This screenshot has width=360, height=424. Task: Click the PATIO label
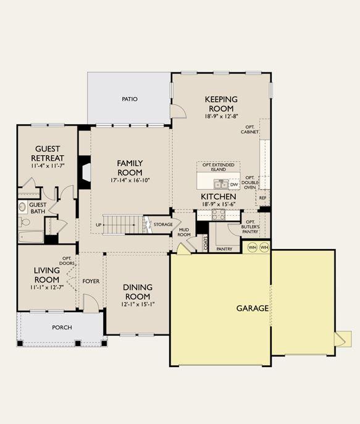(130, 100)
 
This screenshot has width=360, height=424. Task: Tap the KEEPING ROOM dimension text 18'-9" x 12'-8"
(221, 116)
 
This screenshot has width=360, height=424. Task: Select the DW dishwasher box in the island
(234, 185)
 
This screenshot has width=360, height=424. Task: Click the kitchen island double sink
(221, 185)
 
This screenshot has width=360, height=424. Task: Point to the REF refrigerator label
(262, 198)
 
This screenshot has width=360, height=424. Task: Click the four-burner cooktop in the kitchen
(219, 214)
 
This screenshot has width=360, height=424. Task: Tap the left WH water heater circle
(253, 247)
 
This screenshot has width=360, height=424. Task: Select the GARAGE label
(253, 308)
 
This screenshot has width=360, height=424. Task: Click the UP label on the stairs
(99, 225)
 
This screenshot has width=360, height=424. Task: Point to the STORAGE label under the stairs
(163, 224)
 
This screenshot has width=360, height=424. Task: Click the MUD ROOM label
(184, 232)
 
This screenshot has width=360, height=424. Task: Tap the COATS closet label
(205, 243)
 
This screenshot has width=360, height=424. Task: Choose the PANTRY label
(224, 249)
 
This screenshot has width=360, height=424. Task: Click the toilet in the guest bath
(24, 223)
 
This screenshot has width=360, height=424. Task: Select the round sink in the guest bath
(22, 207)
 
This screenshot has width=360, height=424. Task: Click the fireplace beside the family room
(85, 172)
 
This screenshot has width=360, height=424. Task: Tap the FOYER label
(91, 281)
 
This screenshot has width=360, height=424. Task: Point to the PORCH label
(62, 328)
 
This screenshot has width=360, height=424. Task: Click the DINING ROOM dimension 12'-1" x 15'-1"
(138, 304)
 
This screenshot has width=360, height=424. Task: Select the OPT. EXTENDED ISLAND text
(219, 167)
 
